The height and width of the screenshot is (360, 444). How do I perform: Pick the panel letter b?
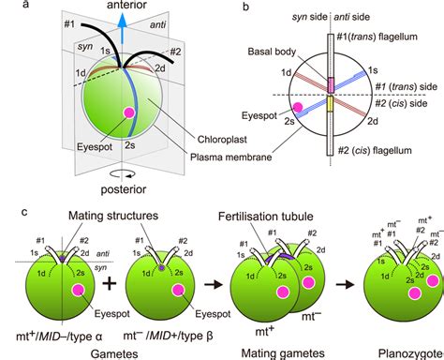tap(244, 7)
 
